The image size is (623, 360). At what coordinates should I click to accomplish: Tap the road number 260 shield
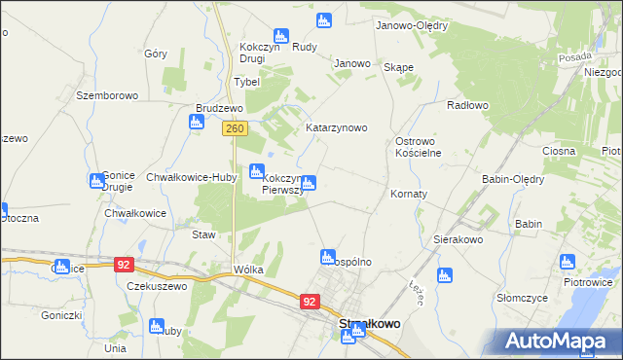(233, 127)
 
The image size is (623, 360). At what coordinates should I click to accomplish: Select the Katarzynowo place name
(336, 127)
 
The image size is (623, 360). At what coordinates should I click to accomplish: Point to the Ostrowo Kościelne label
(420, 147)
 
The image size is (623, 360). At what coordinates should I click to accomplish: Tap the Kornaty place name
(409, 194)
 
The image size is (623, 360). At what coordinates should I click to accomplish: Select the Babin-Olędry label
(510, 179)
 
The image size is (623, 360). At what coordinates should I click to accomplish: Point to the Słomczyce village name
(524, 298)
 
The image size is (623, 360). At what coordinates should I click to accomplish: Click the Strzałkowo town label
(369, 325)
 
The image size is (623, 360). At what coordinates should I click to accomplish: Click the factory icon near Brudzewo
(197, 122)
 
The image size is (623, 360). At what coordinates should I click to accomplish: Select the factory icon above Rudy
(324, 19)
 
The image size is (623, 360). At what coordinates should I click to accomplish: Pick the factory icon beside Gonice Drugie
(97, 180)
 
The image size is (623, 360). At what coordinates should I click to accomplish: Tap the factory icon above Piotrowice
(568, 262)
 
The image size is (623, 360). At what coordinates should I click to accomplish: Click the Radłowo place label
(465, 104)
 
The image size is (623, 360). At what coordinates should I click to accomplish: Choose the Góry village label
(156, 54)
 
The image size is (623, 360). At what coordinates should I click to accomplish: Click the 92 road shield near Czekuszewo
(123, 264)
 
